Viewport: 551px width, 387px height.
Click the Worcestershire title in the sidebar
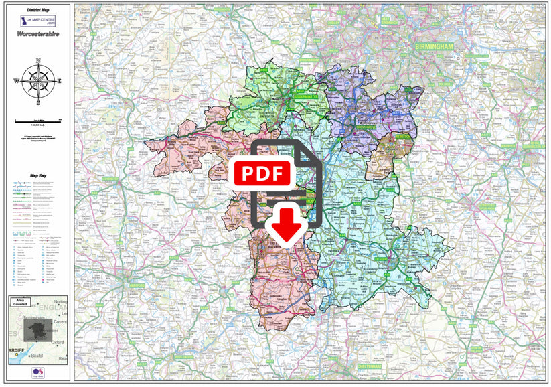[38, 32]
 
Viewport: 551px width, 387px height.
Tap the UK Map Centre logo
[38, 20]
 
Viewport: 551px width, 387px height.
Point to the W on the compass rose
[17, 81]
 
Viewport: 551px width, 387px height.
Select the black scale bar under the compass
[38, 119]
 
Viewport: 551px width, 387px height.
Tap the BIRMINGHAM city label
[434, 46]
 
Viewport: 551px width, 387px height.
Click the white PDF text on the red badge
[262, 173]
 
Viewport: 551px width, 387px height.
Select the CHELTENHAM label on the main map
[368, 367]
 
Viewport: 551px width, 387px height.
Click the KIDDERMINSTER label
[307, 96]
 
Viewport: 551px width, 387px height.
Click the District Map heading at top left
[38, 11]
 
